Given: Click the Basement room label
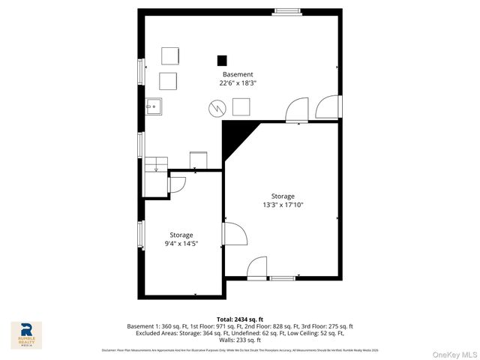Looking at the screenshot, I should [237, 74].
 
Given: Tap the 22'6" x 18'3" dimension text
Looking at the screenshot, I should [237, 83].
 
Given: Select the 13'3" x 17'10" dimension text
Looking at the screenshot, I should [283, 205].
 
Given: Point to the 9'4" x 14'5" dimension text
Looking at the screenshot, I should [181, 243].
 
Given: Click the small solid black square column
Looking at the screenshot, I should [221, 60].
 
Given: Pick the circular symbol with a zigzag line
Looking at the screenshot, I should [216, 108].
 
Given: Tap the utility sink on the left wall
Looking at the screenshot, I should [154, 107].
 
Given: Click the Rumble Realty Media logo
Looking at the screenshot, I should [26, 335].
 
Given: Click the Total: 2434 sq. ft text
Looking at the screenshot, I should [240, 319].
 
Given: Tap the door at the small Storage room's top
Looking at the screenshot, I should [178, 184].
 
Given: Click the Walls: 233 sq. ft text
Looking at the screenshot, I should [240, 340].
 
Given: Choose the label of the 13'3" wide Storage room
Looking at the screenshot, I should [283, 196].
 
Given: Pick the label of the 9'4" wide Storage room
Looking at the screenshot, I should [181, 235].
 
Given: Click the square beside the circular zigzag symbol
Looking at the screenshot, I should [241, 107].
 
